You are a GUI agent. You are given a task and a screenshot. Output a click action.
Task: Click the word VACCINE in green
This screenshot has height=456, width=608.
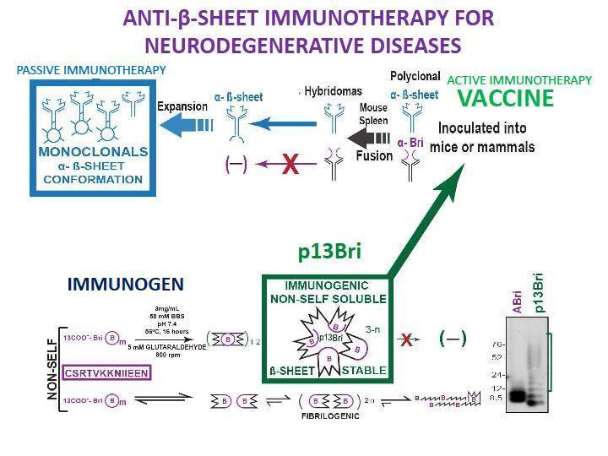pyautogui.click(x=505, y=99)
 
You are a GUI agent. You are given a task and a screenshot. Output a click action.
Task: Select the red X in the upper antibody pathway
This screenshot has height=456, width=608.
pyautogui.click(x=290, y=164)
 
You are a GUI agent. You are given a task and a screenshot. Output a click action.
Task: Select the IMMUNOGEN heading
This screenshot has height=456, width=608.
pyautogui.click(x=125, y=285)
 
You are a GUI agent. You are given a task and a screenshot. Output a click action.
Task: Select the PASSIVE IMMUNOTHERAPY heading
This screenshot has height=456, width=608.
pyautogui.click(x=92, y=69)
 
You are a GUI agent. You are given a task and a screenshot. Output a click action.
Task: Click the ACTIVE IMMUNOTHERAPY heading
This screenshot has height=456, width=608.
pyautogui.click(x=519, y=79)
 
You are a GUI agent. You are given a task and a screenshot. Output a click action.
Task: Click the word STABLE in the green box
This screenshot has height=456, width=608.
pyautogui.click(x=365, y=370)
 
